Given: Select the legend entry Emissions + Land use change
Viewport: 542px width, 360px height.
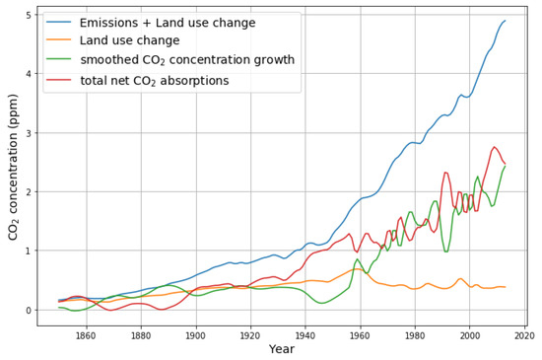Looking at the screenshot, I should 168,23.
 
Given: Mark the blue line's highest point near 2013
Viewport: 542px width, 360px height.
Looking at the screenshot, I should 506,21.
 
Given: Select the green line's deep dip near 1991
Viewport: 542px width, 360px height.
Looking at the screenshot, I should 445,252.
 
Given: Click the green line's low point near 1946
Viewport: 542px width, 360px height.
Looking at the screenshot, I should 321,303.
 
